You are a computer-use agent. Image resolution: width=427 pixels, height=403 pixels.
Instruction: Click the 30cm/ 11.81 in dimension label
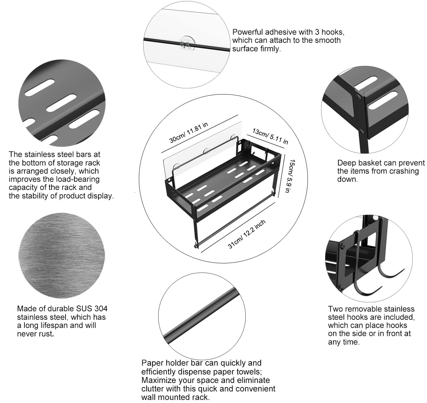click(x=188, y=133)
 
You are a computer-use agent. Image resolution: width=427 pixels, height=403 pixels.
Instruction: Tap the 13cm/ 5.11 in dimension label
click(x=270, y=136)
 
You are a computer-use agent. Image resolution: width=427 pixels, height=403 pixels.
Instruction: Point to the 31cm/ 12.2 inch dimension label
click(x=247, y=234)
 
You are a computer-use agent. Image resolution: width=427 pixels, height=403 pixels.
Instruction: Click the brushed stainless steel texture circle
click(x=61, y=255)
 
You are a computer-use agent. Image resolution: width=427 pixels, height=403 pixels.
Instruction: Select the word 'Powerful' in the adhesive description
click(x=247, y=32)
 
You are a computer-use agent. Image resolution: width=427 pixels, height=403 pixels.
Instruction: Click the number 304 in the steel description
click(x=101, y=309)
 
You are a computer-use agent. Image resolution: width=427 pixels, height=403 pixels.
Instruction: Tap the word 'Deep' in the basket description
click(x=346, y=163)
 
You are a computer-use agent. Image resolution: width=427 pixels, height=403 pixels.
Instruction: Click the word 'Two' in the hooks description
click(x=335, y=309)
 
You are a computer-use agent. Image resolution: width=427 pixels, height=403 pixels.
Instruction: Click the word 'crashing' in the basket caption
click(x=405, y=171)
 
